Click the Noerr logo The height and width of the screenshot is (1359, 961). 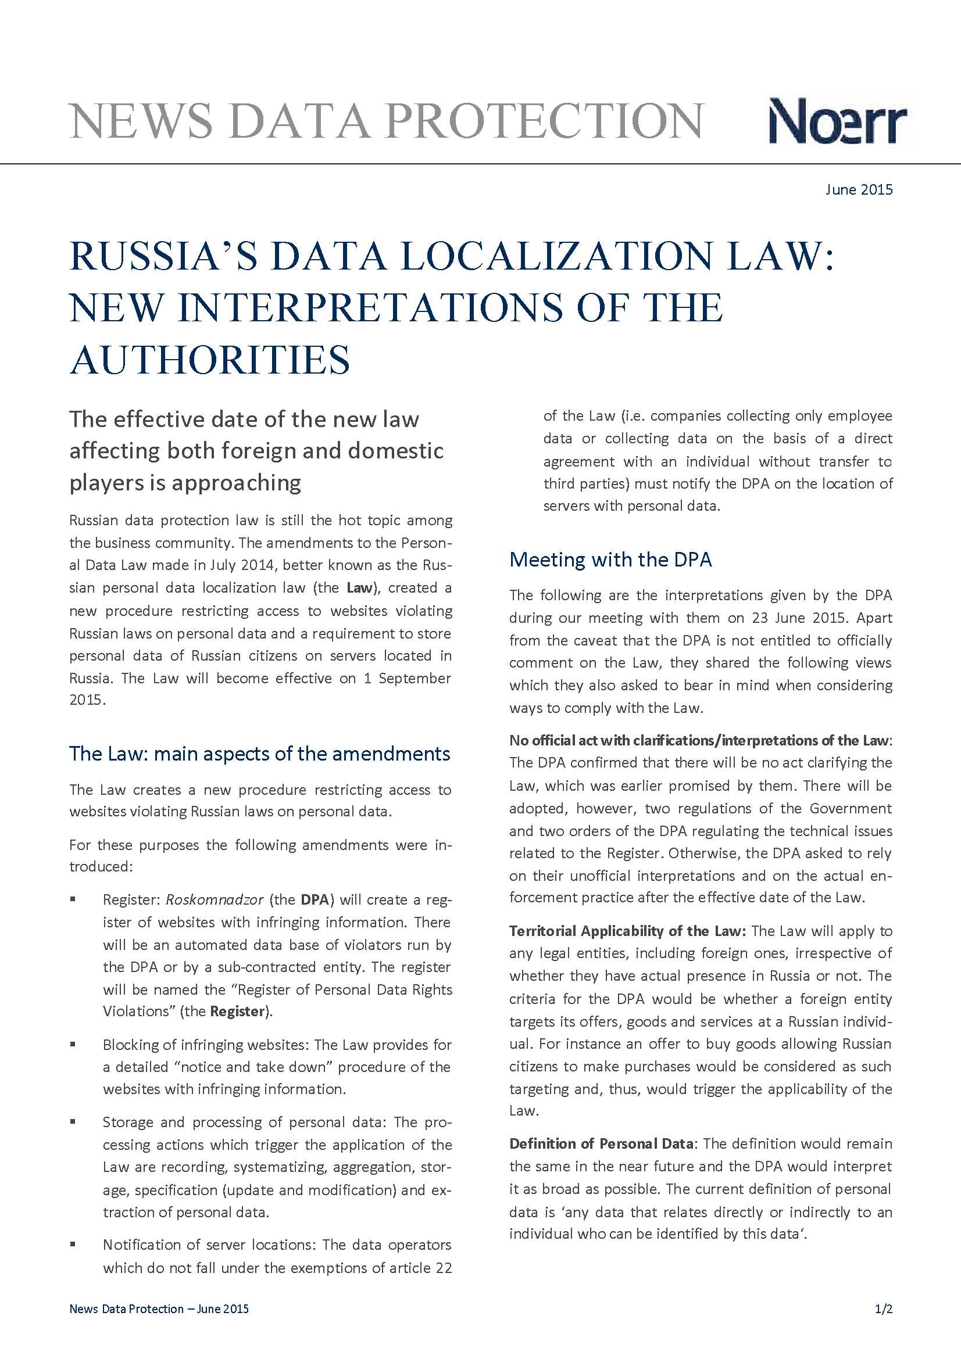click(837, 121)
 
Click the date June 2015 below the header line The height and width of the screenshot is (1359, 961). click(859, 190)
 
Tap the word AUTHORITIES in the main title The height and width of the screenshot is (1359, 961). click(210, 360)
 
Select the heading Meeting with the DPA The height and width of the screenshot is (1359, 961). click(610, 560)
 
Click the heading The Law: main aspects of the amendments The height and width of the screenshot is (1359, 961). click(259, 754)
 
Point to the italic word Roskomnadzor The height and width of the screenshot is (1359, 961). click(215, 899)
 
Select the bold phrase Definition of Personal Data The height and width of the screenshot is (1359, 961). click(601, 1143)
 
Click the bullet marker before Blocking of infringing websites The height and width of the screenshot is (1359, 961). click(73, 1044)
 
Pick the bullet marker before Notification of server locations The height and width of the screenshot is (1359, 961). click(73, 1244)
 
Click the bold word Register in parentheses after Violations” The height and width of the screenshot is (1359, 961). click(237, 1011)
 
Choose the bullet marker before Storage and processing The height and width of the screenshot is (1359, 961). click(73, 1121)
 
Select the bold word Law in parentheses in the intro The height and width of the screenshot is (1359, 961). click(359, 588)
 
